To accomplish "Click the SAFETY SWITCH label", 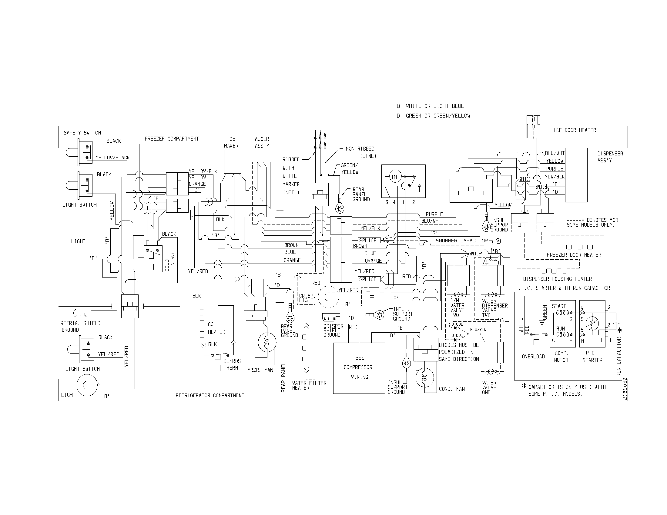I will coord(82,133).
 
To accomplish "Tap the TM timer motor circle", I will coord(394,177).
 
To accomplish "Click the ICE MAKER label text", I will coord(231,142).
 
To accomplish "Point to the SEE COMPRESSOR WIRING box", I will coord(359,368).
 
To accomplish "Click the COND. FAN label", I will coord(452,389).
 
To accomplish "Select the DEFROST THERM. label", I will coord(233,364).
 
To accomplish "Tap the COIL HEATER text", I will coord(216,328).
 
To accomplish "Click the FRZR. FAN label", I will coord(260,370).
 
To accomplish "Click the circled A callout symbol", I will coord(498,241).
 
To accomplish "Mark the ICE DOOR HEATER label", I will coord(575,130).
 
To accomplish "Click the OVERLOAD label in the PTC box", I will coord(533,357).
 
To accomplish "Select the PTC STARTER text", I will coord(592,356).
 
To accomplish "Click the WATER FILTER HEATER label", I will coord(309,386).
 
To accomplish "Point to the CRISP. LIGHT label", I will coord(307,298).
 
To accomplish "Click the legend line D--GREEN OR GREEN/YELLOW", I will coord(433,116).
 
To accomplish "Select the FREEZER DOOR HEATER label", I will coord(574,255).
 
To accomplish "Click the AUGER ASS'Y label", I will coord(262,142).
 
